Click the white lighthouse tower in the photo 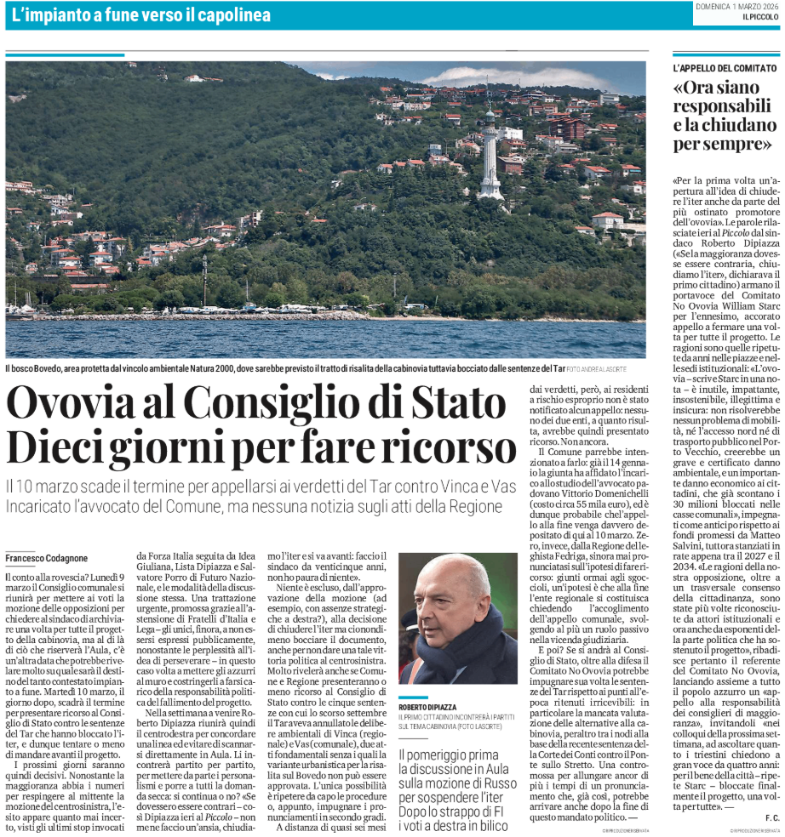pyautogui.click(x=490, y=157)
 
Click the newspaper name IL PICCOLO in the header pyautogui.click(x=760, y=17)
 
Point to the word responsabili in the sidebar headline pyautogui.click(x=723, y=106)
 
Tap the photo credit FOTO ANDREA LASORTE pyautogui.click(x=603, y=367)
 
